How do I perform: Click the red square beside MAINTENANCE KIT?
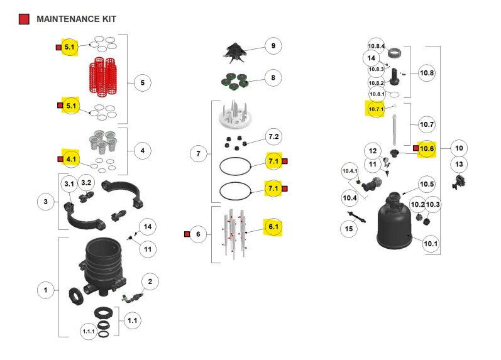[24, 19]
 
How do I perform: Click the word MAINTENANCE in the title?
[67, 19]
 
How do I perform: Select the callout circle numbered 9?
[273, 46]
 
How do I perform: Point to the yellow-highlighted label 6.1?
[273, 226]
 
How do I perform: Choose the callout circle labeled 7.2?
[273, 137]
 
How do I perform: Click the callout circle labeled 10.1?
[431, 244]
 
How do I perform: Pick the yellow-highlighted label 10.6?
[427, 149]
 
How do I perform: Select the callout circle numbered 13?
[459, 165]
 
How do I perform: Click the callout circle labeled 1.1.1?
[89, 331]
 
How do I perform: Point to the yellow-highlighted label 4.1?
[70, 159]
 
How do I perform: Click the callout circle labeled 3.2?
[87, 183]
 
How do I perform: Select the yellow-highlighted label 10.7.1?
[375, 110]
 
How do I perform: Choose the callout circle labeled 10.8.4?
[376, 46]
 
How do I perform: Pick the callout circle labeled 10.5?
[427, 184]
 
